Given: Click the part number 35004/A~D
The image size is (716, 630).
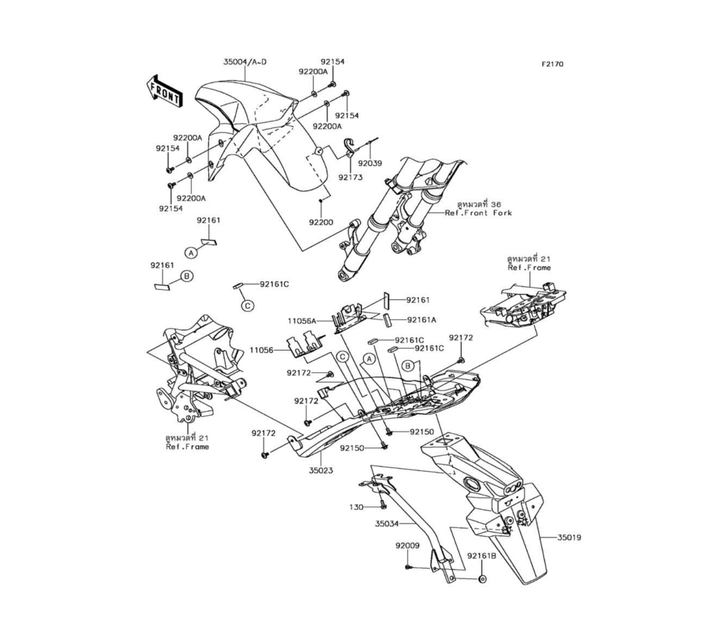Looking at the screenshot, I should (244, 62).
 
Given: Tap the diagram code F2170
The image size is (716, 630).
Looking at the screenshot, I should (552, 64).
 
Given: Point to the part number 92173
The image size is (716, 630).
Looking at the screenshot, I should (350, 177).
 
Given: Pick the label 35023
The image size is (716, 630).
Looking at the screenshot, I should (321, 472).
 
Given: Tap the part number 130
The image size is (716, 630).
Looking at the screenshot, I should (357, 507).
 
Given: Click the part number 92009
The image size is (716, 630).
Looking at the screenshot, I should (407, 546).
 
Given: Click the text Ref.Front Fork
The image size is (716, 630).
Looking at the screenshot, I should (478, 213).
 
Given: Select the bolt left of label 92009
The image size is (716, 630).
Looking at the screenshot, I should (408, 566).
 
